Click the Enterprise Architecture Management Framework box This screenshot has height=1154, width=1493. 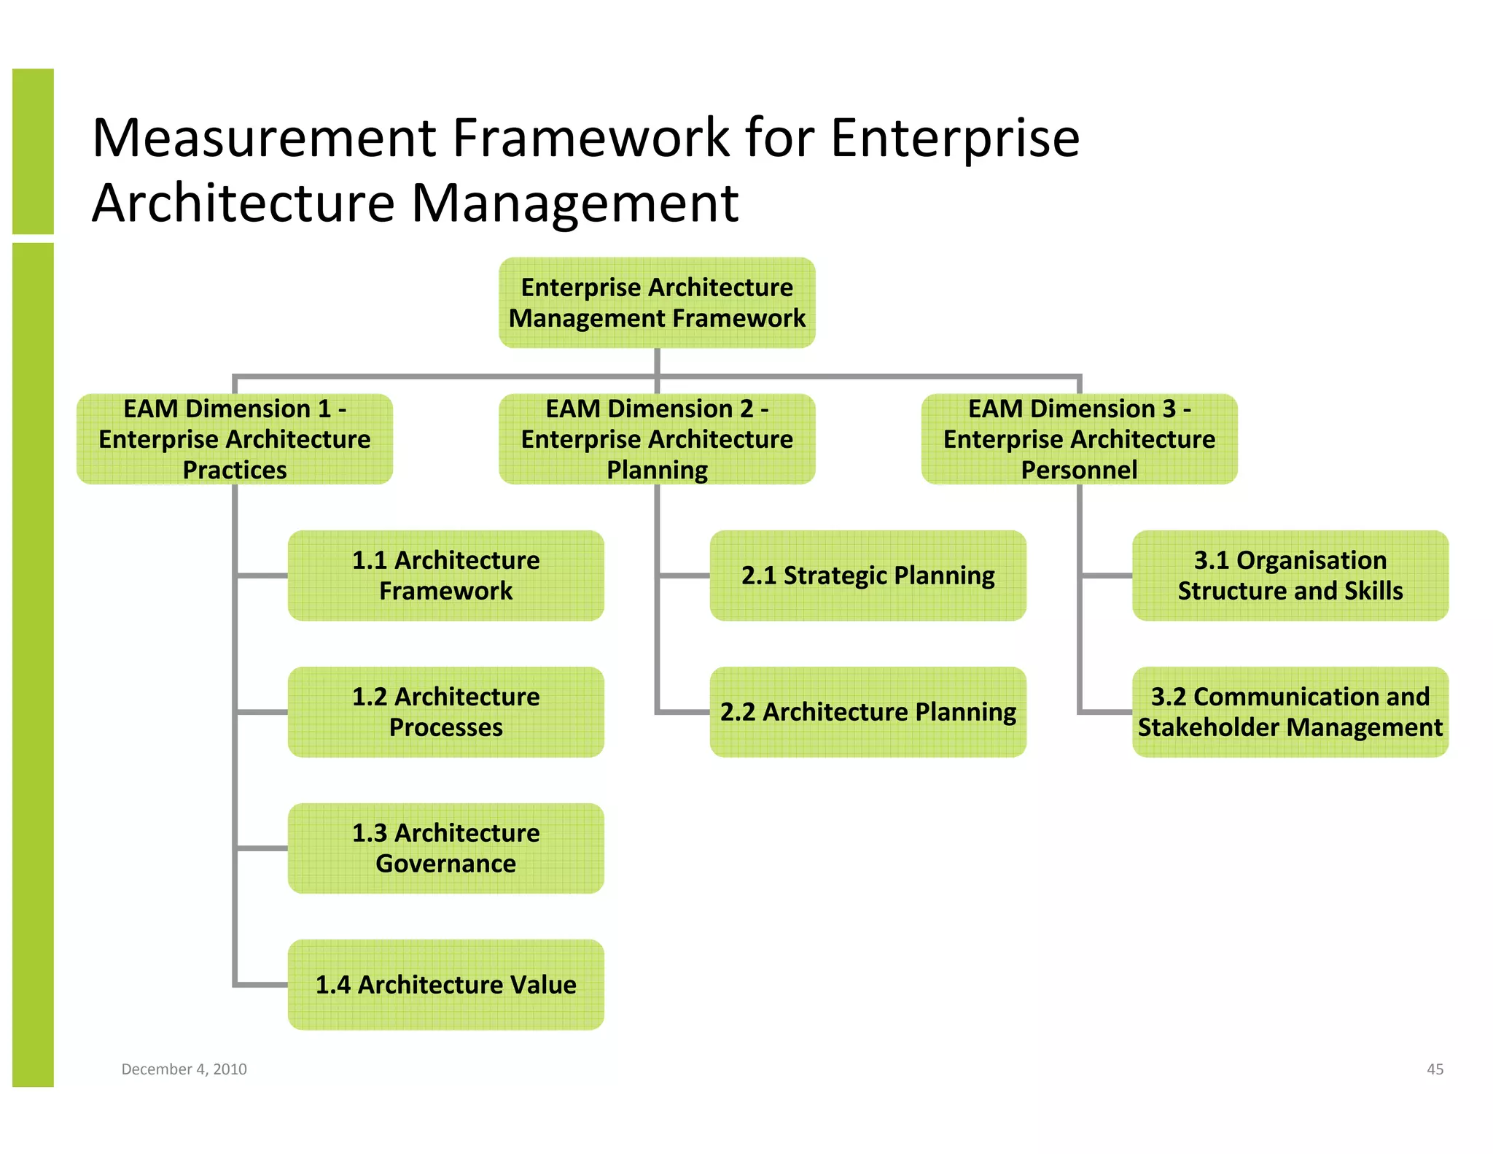(x=657, y=303)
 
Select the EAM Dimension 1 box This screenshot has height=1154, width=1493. (x=235, y=439)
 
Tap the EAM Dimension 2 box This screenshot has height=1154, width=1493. (x=657, y=439)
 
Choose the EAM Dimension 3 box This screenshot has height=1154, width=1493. (x=1079, y=439)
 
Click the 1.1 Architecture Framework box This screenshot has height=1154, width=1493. (x=445, y=576)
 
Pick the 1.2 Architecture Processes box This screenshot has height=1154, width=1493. (x=445, y=712)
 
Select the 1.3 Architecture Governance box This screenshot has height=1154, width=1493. (x=445, y=848)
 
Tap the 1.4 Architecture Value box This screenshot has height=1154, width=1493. (x=445, y=985)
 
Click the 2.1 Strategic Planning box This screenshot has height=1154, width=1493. (x=868, y=576)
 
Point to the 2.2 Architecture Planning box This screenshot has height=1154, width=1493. (x=868, y=712)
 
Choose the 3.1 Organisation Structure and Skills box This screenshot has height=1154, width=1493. (x=1290, y=576)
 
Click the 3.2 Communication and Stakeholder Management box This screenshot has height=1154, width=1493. (x=1290, y=712)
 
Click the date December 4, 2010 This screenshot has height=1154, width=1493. (x=184, y=1069)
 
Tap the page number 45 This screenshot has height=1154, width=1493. (x=1435, y=1069)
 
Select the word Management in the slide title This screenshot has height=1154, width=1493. (x=574, y=203)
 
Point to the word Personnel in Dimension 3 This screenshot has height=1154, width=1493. (x=1079, y=470)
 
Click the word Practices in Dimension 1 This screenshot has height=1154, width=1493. (x=235, y=470)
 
